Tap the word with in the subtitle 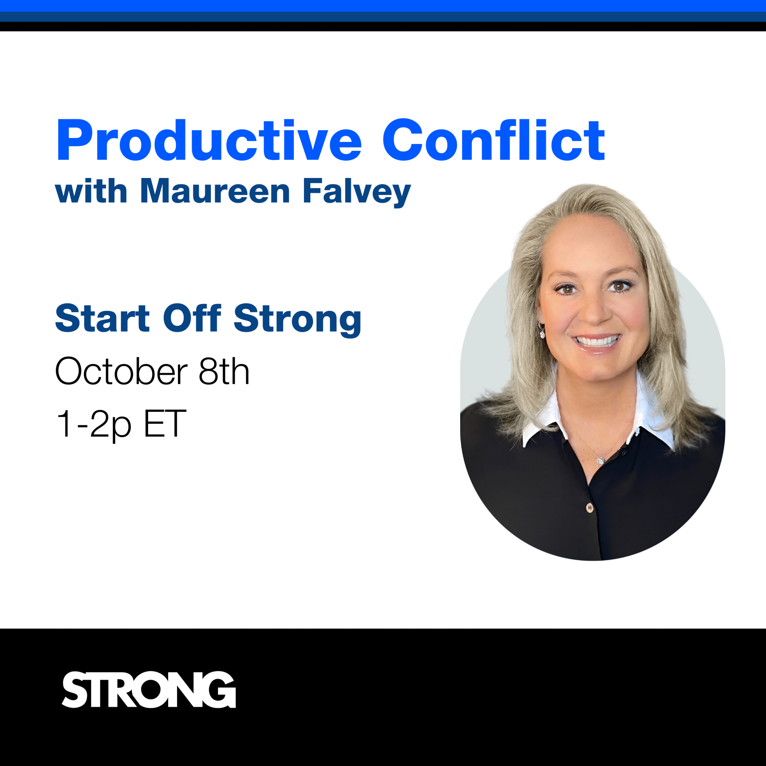(x=91, y=191)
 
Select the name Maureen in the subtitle (x=215, y=191)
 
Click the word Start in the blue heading (x=102, y=318)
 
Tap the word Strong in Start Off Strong (x=297, y=320)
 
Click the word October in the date (x=121, y=371)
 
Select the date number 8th (x=224, y=371)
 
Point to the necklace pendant (x=600, y=460)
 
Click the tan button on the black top (x=589, y=507)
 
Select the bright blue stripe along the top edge (x=383, y=6)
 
